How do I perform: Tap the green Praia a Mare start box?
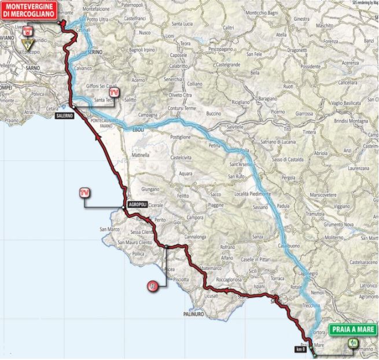352,330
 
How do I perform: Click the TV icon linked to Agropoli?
86,192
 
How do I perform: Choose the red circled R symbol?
152,285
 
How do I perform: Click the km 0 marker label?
300,349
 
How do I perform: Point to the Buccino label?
214,113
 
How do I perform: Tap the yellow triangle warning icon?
26,43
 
